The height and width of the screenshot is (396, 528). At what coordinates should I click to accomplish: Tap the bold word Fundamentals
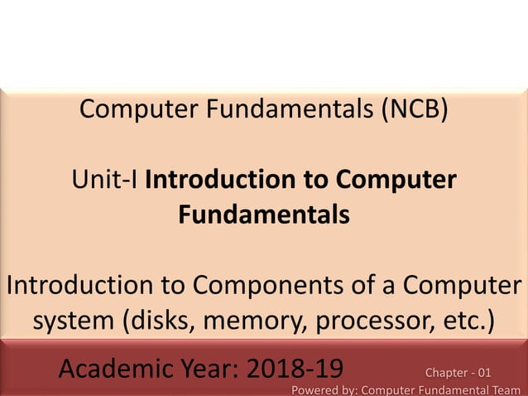click(x=263, y=215)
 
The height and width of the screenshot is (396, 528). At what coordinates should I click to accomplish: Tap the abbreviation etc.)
click(x=464, y=321)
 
